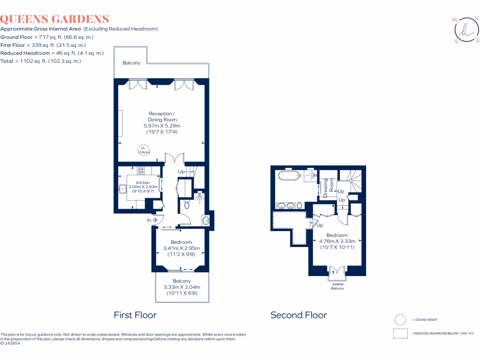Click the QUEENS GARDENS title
(x=55, y=19)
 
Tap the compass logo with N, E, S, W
(x=466, y=30)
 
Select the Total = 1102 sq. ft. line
(x=41, y=61)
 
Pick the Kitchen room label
(x=143, y=183)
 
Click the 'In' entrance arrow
(x=152, y=220)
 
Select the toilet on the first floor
(x=187, y=205)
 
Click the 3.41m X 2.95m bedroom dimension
(x=181, y=248)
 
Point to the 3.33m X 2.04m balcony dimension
(x=181, y=287)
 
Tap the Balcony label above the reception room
(x=131, y=63)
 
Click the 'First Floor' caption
(x=135, y=315)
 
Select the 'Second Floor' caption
(x=299, y=315)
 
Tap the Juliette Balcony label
(x=337, y=286)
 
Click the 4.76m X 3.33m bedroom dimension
(x=337, y=241)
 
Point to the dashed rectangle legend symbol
(x=400, y=333)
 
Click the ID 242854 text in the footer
(x=11, y=343)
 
